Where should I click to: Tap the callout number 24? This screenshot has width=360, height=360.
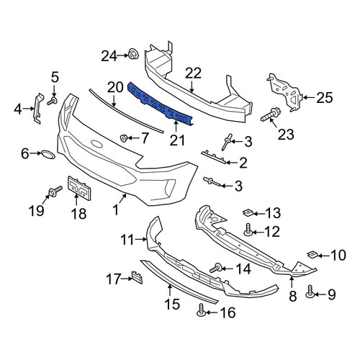pyautogui.click(x=109, y=56)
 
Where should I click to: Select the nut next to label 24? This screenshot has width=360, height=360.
pyautogui.click(x=133, y=54)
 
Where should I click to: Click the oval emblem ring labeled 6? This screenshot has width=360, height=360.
pyautogui.click(x=48, y=155)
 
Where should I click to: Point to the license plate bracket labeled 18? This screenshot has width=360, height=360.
pyautogui.click(x=79, y=189)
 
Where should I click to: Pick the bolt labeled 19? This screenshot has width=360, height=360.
pyautogui.click(x=55, y=192)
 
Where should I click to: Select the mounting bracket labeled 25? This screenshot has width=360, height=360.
pyautogui.click(x=284, y=92)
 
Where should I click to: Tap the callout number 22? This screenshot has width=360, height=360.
pyautogui.click(x=193, y=73)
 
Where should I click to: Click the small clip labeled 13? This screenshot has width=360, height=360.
pyautogui.click(x=248, y=212)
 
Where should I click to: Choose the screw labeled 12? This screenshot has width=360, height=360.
pyautogui.click(x=248, y=230)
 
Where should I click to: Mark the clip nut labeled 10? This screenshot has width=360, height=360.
pyautogui.click(x=313, y=254)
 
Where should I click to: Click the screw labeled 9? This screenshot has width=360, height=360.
pyautogui.click(x=310, y=292)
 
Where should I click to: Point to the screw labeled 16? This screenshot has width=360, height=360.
pyautogui.click(x=202, y=310)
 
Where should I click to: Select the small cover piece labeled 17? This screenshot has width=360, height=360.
pyautogui.click(x=137, y=277)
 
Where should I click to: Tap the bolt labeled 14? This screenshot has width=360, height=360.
pyautogui.click(x=216, y=268)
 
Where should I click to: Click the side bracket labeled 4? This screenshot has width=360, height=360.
pyautogui.click(x=38, y=108)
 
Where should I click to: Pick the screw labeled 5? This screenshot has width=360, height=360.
pyautogui.click(x=52, y=101)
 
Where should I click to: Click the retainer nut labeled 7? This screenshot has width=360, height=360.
pyautogui.click(x=123, y=138)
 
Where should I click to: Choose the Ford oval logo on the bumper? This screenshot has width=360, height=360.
pyautogui.click(x=96, y=144)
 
